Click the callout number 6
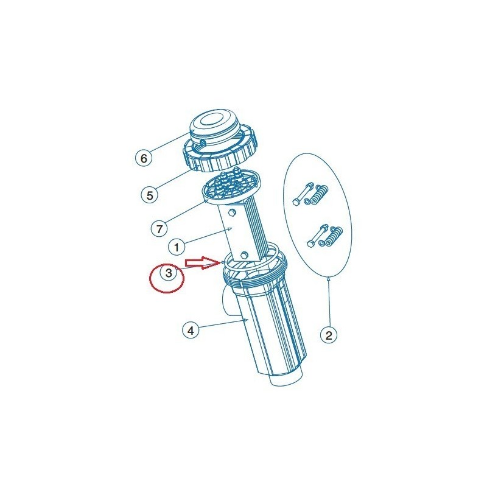144,158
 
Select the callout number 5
150,195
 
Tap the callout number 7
159,229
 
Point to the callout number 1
177,247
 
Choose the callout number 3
169,273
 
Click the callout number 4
191,330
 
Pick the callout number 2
329,335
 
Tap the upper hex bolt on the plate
232,213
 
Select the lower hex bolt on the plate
245,255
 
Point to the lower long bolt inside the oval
317,235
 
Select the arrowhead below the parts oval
329,280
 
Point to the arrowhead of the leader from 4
245,319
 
